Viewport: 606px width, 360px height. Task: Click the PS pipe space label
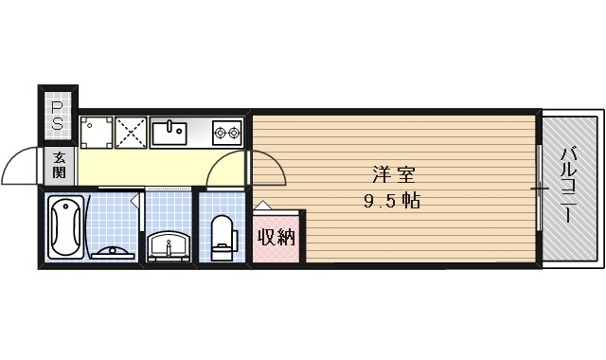tap(57, 115)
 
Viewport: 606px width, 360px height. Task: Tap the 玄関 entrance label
tap(59, 166)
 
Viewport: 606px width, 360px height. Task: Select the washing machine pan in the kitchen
tap(96, 133)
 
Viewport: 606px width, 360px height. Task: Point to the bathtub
tap(65, 227)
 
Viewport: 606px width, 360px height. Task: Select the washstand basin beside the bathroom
tap(169, 244)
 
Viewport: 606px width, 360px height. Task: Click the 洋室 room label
tap(392, 175)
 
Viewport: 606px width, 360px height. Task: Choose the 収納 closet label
tap(276, 236)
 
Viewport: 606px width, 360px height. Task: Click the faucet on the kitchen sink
tap(169, 124)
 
